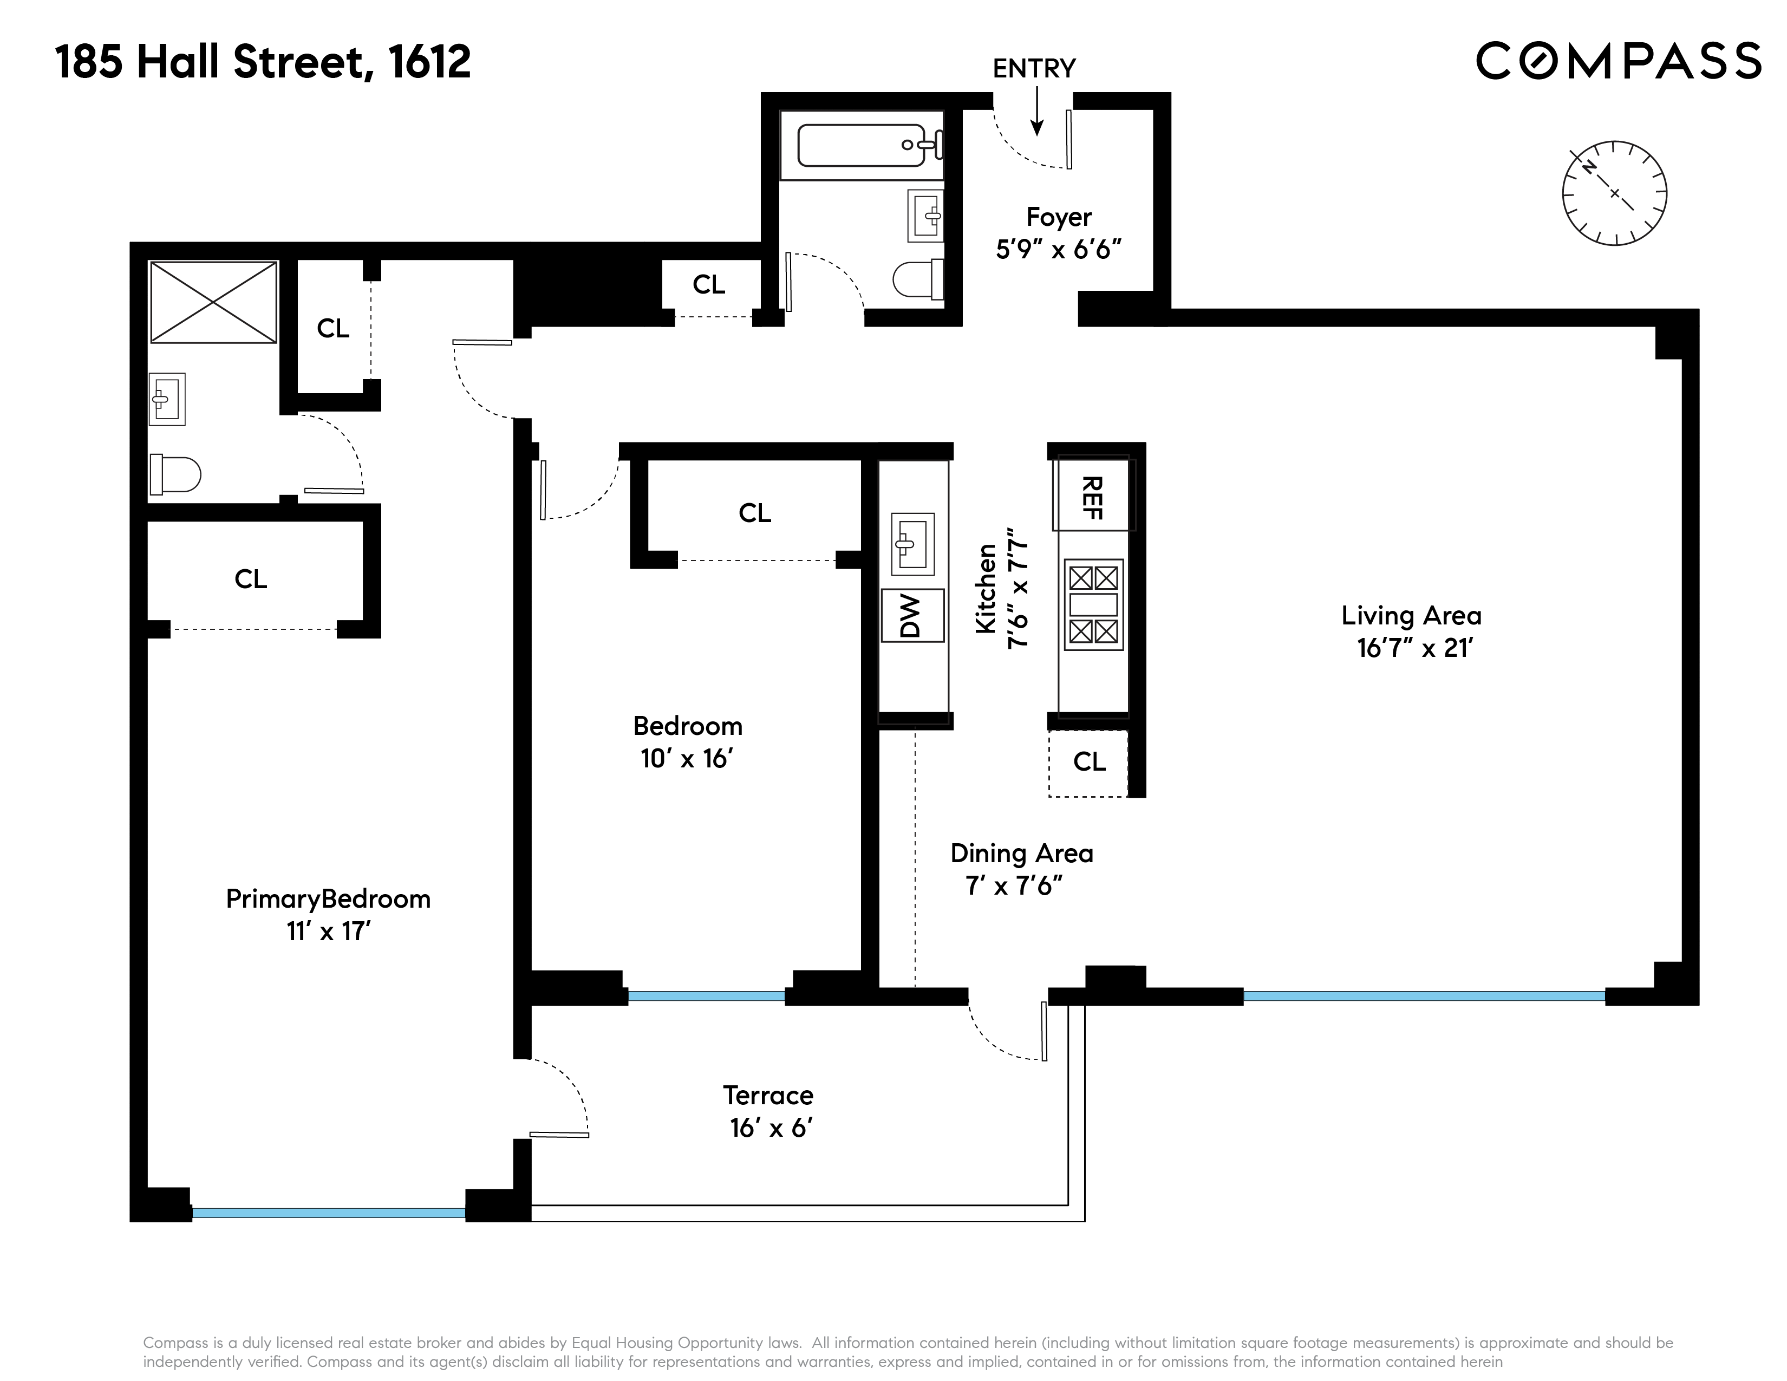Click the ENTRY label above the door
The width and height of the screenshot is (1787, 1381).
click(x=1033, y=69)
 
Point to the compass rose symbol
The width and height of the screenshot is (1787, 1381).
click(x=1614, y=193)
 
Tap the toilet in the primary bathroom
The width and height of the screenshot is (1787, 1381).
click(x=174, y=474)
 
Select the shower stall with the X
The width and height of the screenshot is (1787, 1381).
click(x=213, y=302)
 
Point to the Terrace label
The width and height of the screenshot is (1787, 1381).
click(x=767, y=1095)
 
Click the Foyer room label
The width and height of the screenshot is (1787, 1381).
click(x=1059, y=217)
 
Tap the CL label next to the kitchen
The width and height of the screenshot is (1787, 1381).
click(x=1089, y=761)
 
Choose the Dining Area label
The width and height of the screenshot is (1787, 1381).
click(x=1021, y=854)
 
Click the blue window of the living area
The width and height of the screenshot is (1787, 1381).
click(x=1424, y=995)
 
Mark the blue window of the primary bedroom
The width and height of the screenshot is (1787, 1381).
click(x=328, y=1213)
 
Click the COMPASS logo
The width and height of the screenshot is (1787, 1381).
click(x=1618, y=61)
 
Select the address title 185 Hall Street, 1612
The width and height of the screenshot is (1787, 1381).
click(x=264, y=62)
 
